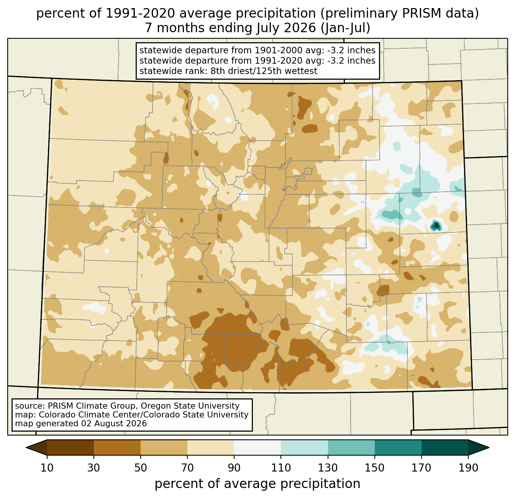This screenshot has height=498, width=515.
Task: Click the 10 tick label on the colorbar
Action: coord(47,468)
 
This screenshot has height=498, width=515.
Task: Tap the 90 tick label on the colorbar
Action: coord(234,468)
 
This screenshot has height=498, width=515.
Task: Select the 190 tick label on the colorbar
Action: coord(468,468)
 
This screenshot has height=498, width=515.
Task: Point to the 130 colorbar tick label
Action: coord(328,468)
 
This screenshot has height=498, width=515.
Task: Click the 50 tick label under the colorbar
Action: coord(141,468)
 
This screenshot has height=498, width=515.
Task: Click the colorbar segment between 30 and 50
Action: coord(117,448)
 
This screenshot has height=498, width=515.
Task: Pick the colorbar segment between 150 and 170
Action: coord(398,448)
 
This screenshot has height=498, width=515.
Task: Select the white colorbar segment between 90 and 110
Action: coord(257,448)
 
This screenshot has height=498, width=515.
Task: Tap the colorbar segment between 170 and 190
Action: coord(444,448)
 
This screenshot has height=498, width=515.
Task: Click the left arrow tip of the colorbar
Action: coord(26,448)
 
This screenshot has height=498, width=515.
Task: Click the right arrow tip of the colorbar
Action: coord(489,448)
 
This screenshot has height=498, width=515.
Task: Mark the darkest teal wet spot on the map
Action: coord(436,226)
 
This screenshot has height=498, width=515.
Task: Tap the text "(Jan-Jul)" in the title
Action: coord(345,28)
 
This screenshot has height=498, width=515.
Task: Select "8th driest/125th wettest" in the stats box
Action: coord(264,71)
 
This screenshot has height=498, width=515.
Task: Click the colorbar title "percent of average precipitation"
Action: coord(257,483)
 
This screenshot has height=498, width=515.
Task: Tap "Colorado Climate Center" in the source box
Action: coord(90,414)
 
